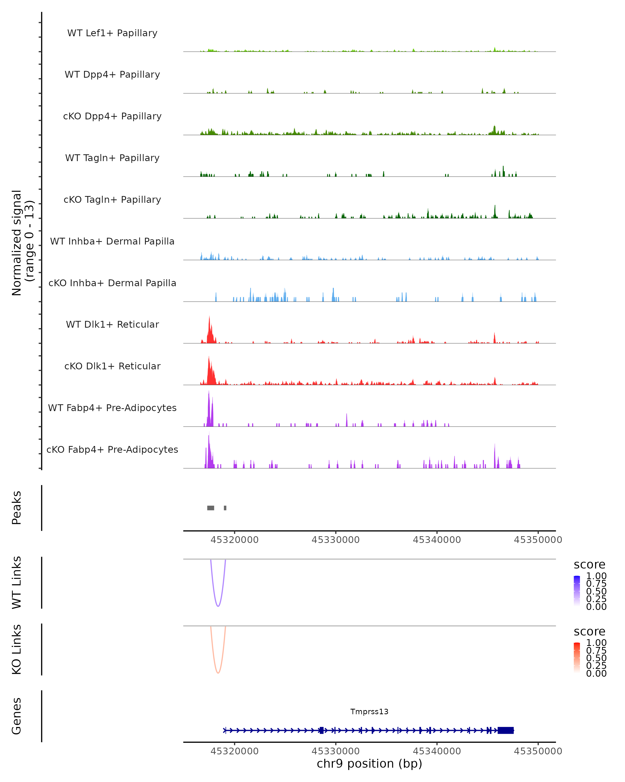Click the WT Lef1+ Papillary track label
pos(112,33)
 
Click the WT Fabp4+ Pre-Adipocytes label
pos(112,408)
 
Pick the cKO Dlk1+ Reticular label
pos(112,366)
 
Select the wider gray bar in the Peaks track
pos(210,508)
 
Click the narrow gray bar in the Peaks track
pos(225,508)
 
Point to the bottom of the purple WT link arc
pos(218,606)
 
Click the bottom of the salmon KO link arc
pos(218,673)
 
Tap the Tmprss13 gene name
pos(369,712)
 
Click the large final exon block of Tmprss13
pos(505,730)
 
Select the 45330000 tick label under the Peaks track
pos(335,540)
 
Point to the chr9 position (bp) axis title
pos(369,764)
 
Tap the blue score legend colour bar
pos(577,591)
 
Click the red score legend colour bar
pos(577,658)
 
